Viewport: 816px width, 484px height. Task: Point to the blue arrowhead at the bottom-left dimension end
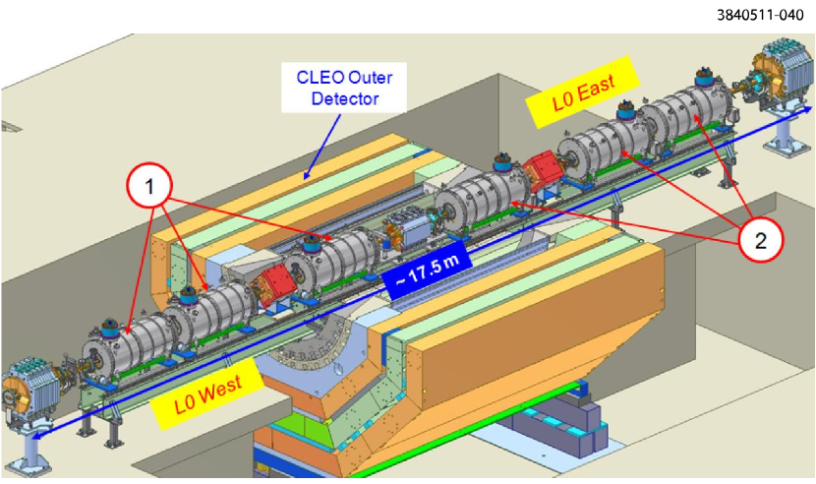35,435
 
